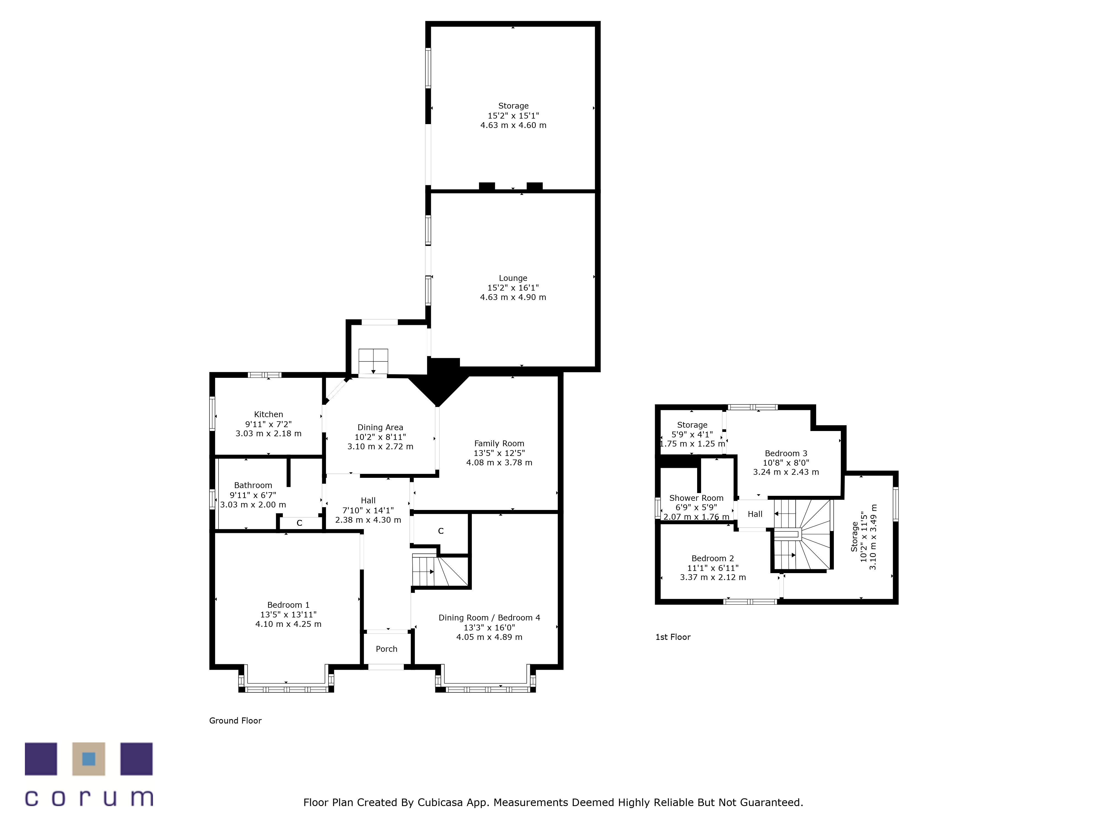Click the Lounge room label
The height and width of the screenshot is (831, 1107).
pyautogui.click(x=513, y=278)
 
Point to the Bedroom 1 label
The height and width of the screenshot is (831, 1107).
pyautogui.click(x=288, y=605)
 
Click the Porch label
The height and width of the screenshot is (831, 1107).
pyautogui.click(x=386, y=649)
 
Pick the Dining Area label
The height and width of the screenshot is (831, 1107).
pyautogui.click(x=380, y=427)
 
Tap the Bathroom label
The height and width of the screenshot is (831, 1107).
pyautogui.click(x=253, y=485)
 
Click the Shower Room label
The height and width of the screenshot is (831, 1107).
pyautogui.click(x=696, y=498)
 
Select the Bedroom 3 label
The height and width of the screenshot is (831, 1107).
pyautogui.click(x=786, y=453)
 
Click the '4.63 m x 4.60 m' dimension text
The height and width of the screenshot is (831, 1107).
pyautogui.click(x=513, y=125)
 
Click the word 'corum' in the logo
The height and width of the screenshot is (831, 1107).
pyautogui.click(x=89, y=798)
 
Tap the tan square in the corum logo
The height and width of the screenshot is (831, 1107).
pyautogui.click(x=89, y=759)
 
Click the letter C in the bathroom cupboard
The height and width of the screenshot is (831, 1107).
pyautogui.click(x=299, y=523)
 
